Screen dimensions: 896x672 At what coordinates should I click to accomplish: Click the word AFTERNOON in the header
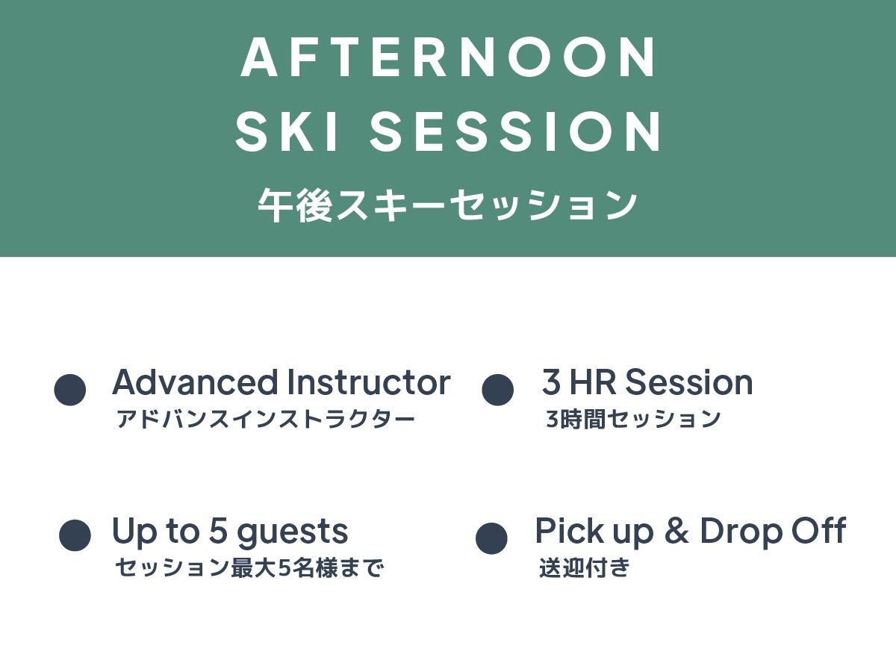pos(448,57)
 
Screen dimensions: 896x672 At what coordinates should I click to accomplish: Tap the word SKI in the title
pos(287,132)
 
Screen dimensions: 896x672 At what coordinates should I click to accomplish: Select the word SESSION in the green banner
pos(514,132)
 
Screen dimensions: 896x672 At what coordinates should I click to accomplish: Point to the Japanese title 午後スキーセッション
pos(447,205)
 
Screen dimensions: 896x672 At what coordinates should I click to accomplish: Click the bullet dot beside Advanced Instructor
pos(69,390)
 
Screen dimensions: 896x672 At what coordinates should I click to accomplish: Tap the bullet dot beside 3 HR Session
pos(497,390)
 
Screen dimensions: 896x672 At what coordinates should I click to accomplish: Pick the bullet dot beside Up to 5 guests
pos(75,535)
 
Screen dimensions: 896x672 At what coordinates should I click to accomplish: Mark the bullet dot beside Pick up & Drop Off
pos(491,538)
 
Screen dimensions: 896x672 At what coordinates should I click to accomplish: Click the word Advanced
pos(195,382)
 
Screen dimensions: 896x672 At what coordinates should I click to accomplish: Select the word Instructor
pos(369,382)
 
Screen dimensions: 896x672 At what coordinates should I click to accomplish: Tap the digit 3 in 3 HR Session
pos(551,382)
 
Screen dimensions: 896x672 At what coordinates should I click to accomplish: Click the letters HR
pos(592,382)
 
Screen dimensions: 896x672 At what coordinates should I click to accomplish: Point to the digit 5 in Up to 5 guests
pos(218,531)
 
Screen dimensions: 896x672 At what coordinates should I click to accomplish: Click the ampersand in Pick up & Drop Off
pos(676,530)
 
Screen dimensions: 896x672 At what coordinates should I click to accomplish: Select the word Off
pos(819,530)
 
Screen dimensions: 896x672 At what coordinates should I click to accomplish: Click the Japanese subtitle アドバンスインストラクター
pos(265,419)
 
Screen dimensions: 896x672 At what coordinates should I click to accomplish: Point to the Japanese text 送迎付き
pos(585,567)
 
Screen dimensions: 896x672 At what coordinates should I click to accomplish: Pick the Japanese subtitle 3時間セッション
pos(633,419)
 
